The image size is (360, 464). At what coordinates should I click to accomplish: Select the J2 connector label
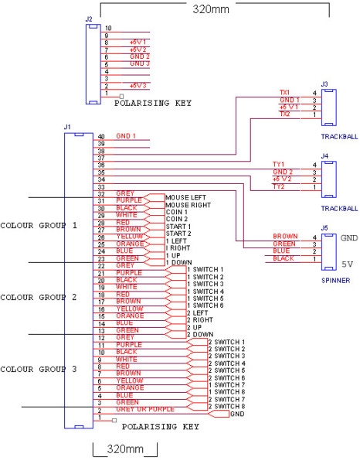(x=88, y=17)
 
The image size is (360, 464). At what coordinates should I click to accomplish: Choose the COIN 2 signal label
(x=176, y=218)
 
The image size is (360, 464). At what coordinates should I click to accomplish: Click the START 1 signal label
(x=178, y=225)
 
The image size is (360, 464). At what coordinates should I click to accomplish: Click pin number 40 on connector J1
(x=100, y=137)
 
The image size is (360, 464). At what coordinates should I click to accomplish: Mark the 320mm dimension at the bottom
(x=125, y=449)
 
